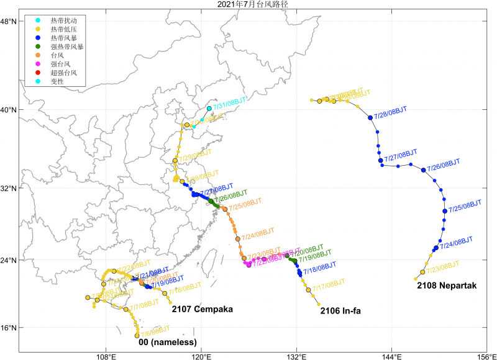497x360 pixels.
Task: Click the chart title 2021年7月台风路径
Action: point(248,4)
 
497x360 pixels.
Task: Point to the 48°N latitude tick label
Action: point(9,22)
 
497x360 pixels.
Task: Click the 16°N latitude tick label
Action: point(9,328)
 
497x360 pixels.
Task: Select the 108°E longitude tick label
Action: point(106,356)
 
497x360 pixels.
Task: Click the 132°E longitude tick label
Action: point(296,356)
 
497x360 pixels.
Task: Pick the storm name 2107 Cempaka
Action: point(202,308)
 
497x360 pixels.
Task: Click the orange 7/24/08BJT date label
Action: point(258,235)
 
